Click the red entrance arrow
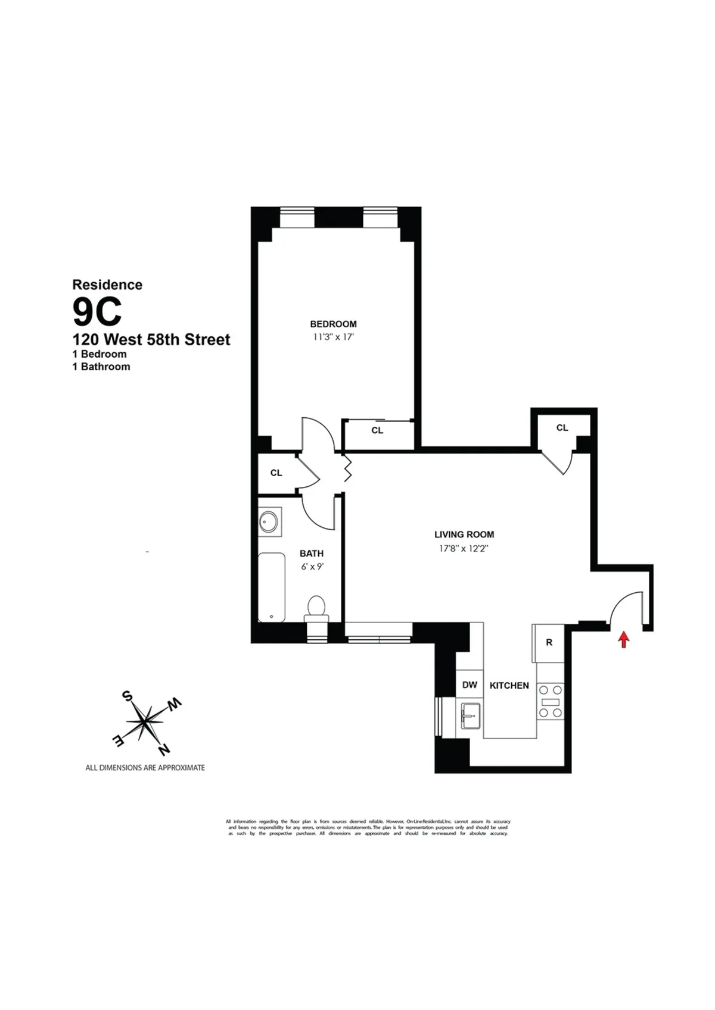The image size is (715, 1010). click(x=623, y=639)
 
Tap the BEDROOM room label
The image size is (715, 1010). click(x=333, y=324)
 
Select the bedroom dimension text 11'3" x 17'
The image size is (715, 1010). click(x=333, y=337)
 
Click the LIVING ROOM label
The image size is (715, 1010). click(x=464, y=534)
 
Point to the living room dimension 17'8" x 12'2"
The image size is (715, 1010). click(x=464, y=549)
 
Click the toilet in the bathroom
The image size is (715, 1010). click(x=316, y=609)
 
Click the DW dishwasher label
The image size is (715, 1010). click(x=470, y=684)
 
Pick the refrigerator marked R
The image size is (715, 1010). click(x=549, y=643)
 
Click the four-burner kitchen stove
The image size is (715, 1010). click(x=550, y=701)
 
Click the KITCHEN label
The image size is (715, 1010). click(x=509, y=686)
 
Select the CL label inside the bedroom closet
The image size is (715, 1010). click(x=377, y=430)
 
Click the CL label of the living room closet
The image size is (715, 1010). click(x=562, y=427)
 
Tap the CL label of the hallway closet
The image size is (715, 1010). click(x=276, y=473)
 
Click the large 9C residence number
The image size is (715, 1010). click(x=97, y=311)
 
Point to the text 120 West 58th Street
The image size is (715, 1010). click(x=151, y=340)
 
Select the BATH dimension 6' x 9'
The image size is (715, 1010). click(x=312, y=567)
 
